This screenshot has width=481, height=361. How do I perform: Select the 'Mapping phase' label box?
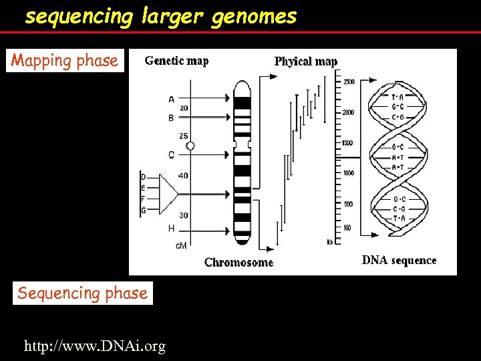pyautogui.click(x=65, y=61)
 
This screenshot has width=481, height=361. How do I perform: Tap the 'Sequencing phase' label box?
pyautogui.click(x=82, y=293)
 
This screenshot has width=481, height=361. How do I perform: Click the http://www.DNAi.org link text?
pyautogui.click(x=94, y=346)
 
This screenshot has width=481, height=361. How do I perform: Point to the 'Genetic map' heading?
pyautogui.click(x=176, y=61)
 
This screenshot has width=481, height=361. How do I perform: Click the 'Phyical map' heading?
pyautogui.click(x=305, y=62)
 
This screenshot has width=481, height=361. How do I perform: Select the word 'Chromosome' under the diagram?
pyautogui.click(x=238, y=262)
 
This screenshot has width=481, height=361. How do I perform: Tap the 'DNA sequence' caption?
pyautogui.click(x=399, y=260)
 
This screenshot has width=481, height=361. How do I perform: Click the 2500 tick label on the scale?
pyautogui.click(x=349, y=82)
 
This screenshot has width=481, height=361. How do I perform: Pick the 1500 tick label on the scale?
pyautogui.click(x=348, y=143)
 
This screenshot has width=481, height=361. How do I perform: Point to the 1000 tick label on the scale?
pyautogui.click(x=348, y=173)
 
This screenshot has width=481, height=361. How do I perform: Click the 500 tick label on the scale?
pyautogui.click(x=347, y=204)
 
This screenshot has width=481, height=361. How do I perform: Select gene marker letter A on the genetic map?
pyautogui.click(x=171, y=100)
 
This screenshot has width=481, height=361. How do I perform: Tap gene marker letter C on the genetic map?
pyautogui.click(x=171, y=155)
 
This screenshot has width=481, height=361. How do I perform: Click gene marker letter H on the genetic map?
pyautogui.click(x=171, y=229)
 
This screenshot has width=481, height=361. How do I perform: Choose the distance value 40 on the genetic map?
pyautogui.click(x=183, y=176)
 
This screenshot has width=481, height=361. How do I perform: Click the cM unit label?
pyautogui.click(x=181, y=245)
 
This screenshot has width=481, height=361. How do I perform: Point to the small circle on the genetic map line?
pyautogui.click(x=190, y=146)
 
